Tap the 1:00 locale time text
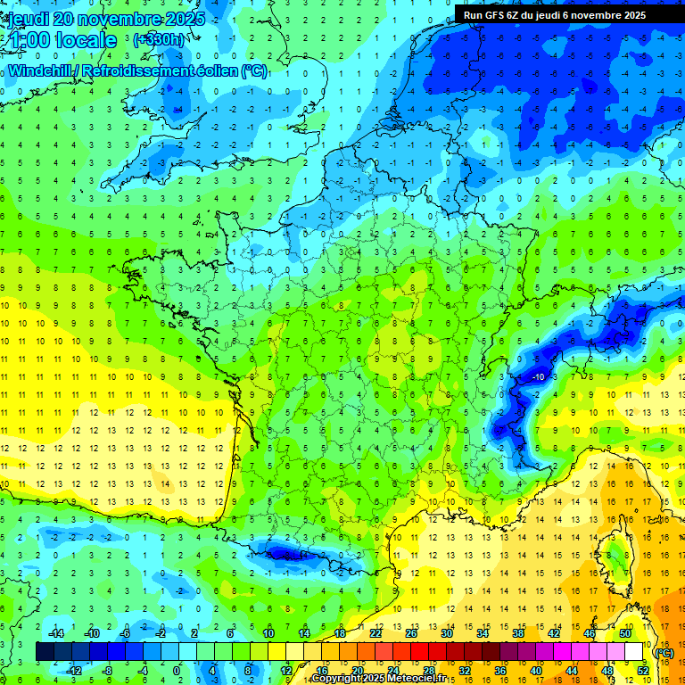point(61,40)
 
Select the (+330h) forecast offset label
point(159,40)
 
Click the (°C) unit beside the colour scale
point(664,652)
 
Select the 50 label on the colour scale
point(624,632)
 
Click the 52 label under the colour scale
point(642,670)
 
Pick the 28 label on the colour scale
point(428,670)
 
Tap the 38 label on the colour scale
point(517,632)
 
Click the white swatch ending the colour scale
point(633,651)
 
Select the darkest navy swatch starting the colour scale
point(45,651)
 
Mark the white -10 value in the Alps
point(538,377)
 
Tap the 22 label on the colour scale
point(376,632)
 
